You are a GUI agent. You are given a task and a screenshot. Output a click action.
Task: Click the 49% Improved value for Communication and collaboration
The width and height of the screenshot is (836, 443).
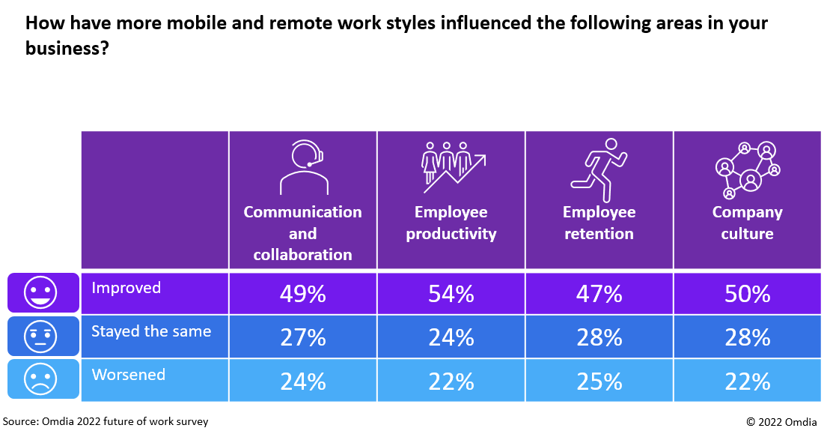coord(302,294)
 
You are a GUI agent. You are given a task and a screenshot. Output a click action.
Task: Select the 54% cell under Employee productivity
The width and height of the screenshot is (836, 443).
coord(451,294)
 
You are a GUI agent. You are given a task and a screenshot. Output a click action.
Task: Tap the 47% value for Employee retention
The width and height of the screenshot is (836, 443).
coord(599,294)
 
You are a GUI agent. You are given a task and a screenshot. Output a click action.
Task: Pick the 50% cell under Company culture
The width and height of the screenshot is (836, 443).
coord(747,294)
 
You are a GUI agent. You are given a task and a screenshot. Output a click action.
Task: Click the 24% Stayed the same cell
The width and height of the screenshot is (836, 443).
coord(451,337)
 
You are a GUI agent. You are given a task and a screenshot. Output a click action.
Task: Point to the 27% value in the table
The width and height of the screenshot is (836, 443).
coord(302,337)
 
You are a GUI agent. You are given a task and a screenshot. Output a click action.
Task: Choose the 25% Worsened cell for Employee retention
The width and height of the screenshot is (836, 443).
coord(599,382)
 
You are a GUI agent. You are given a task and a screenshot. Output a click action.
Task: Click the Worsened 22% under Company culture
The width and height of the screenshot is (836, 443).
coord(747,382)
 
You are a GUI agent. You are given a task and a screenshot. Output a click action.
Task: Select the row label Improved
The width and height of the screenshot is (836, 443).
coord(126,288)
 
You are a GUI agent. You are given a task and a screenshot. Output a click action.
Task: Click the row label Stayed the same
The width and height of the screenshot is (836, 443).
coord(151,331)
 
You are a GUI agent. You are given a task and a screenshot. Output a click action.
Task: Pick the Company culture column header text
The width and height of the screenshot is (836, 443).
coord(747,223)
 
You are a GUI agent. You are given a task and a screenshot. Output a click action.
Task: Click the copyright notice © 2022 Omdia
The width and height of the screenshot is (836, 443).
coord(781,422)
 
